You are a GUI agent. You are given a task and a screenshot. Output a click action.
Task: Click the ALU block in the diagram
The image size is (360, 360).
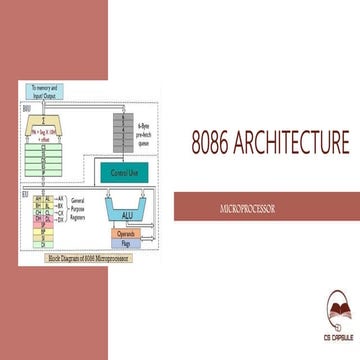click(127, 213)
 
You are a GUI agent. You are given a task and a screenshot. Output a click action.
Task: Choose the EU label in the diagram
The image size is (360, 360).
click(24, 193)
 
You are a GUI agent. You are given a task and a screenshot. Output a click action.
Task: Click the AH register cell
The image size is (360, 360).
click(38, 198)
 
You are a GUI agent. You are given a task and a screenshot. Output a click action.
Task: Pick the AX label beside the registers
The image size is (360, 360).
click(61, 198)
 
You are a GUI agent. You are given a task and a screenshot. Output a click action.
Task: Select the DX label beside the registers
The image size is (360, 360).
click(61, 219)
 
